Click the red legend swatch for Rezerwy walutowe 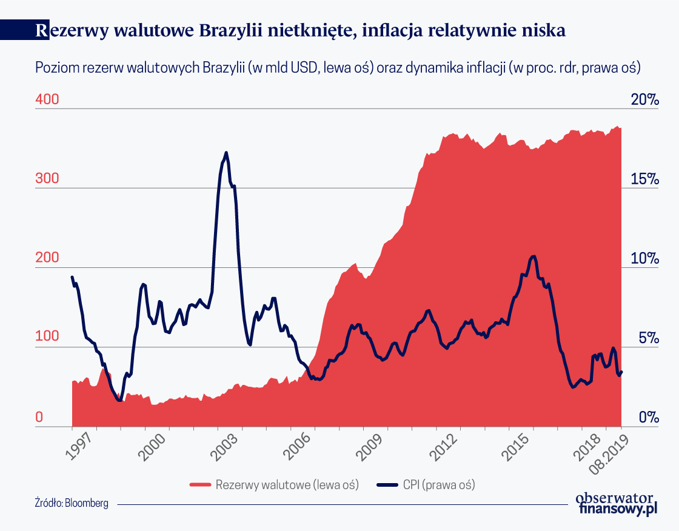[201, 485]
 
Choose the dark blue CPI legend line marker [388, 485]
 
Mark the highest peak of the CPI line [226, 153]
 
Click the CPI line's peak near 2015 [533, 256]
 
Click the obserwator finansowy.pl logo [616, 503]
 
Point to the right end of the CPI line [621, 372]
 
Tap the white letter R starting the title [42, 30]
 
